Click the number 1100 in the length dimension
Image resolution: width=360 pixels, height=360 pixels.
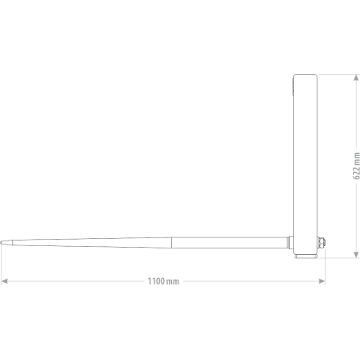[156, 281]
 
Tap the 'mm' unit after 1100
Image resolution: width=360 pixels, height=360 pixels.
[173, 282]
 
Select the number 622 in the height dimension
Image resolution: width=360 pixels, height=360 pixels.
[356, 173]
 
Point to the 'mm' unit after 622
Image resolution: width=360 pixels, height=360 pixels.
[357, 158]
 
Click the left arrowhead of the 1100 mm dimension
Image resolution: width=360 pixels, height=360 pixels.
[5, 281]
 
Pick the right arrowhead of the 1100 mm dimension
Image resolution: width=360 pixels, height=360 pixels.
[322, 281]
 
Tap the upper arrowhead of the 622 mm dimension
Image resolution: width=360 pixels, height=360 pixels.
[356, 78]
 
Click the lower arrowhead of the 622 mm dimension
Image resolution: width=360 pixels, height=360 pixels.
[356, 254]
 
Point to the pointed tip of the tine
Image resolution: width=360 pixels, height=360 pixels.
[1, 243]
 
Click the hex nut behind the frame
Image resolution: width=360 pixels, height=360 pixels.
[323, 243]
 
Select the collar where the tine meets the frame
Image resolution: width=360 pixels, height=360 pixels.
[290, 243]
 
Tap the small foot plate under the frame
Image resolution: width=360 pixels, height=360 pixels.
[306, 256]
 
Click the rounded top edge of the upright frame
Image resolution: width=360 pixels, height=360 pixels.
[305, 75]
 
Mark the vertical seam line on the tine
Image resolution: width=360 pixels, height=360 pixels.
[171, 243]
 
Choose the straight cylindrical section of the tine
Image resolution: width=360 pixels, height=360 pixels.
[229, 243]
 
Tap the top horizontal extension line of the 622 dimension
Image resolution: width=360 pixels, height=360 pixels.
[338, 75]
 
